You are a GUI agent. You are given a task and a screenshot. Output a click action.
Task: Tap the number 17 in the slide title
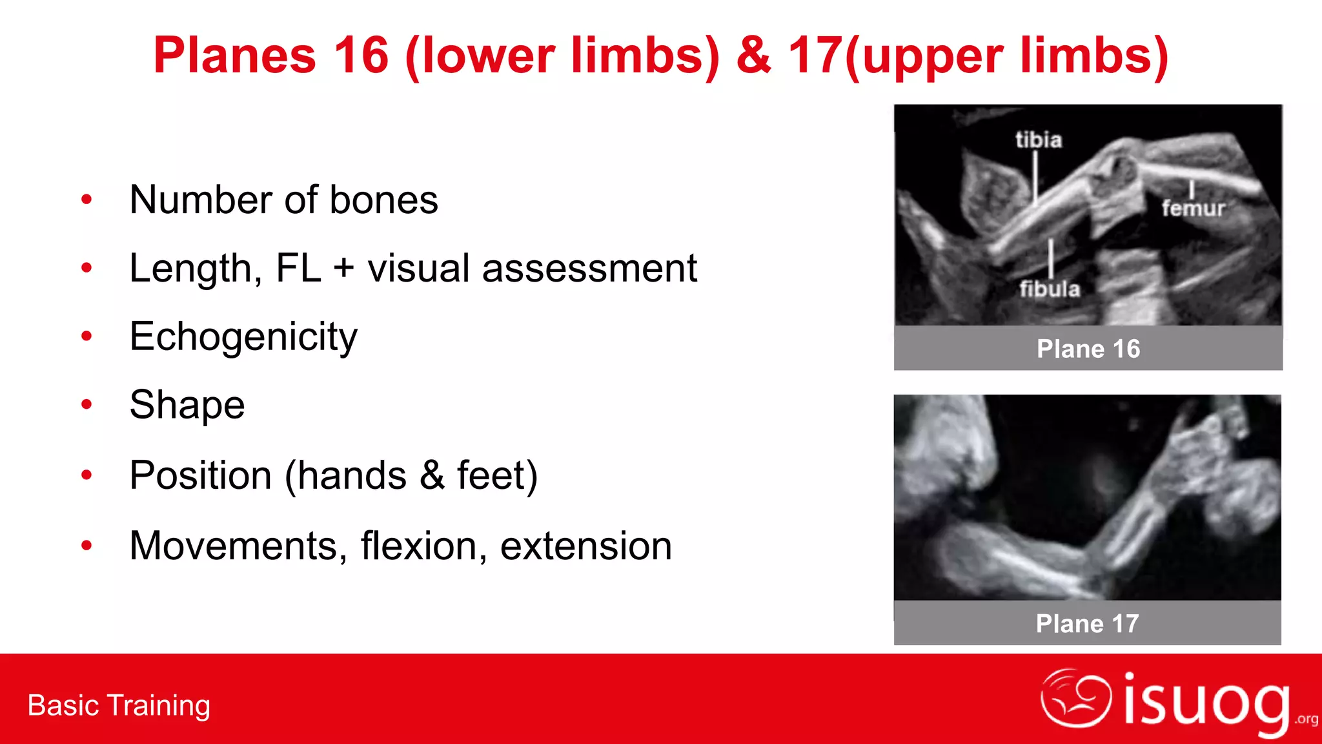point(815,56)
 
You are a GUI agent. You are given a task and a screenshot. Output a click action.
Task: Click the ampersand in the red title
point(753,56)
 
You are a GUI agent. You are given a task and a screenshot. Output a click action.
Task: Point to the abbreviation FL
point(298,268)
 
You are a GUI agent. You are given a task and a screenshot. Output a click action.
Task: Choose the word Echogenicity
point(243,337)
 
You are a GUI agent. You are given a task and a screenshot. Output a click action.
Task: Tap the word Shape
point(187,405)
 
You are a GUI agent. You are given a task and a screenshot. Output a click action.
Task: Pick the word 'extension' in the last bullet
point(586,546)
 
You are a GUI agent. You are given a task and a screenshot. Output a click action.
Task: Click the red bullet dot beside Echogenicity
point(86,336)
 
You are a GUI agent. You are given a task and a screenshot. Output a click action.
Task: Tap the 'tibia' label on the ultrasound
point(1038,139)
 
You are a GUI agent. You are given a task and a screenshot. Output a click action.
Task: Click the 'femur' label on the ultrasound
point(1193,208)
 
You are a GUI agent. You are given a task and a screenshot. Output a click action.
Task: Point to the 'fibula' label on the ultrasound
point(1050,288)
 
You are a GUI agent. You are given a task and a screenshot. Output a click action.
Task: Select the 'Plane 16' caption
point(1088,349)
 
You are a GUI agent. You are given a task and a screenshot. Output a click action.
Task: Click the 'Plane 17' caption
point(1088,623)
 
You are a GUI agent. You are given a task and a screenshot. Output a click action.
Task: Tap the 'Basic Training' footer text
point(119,705)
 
